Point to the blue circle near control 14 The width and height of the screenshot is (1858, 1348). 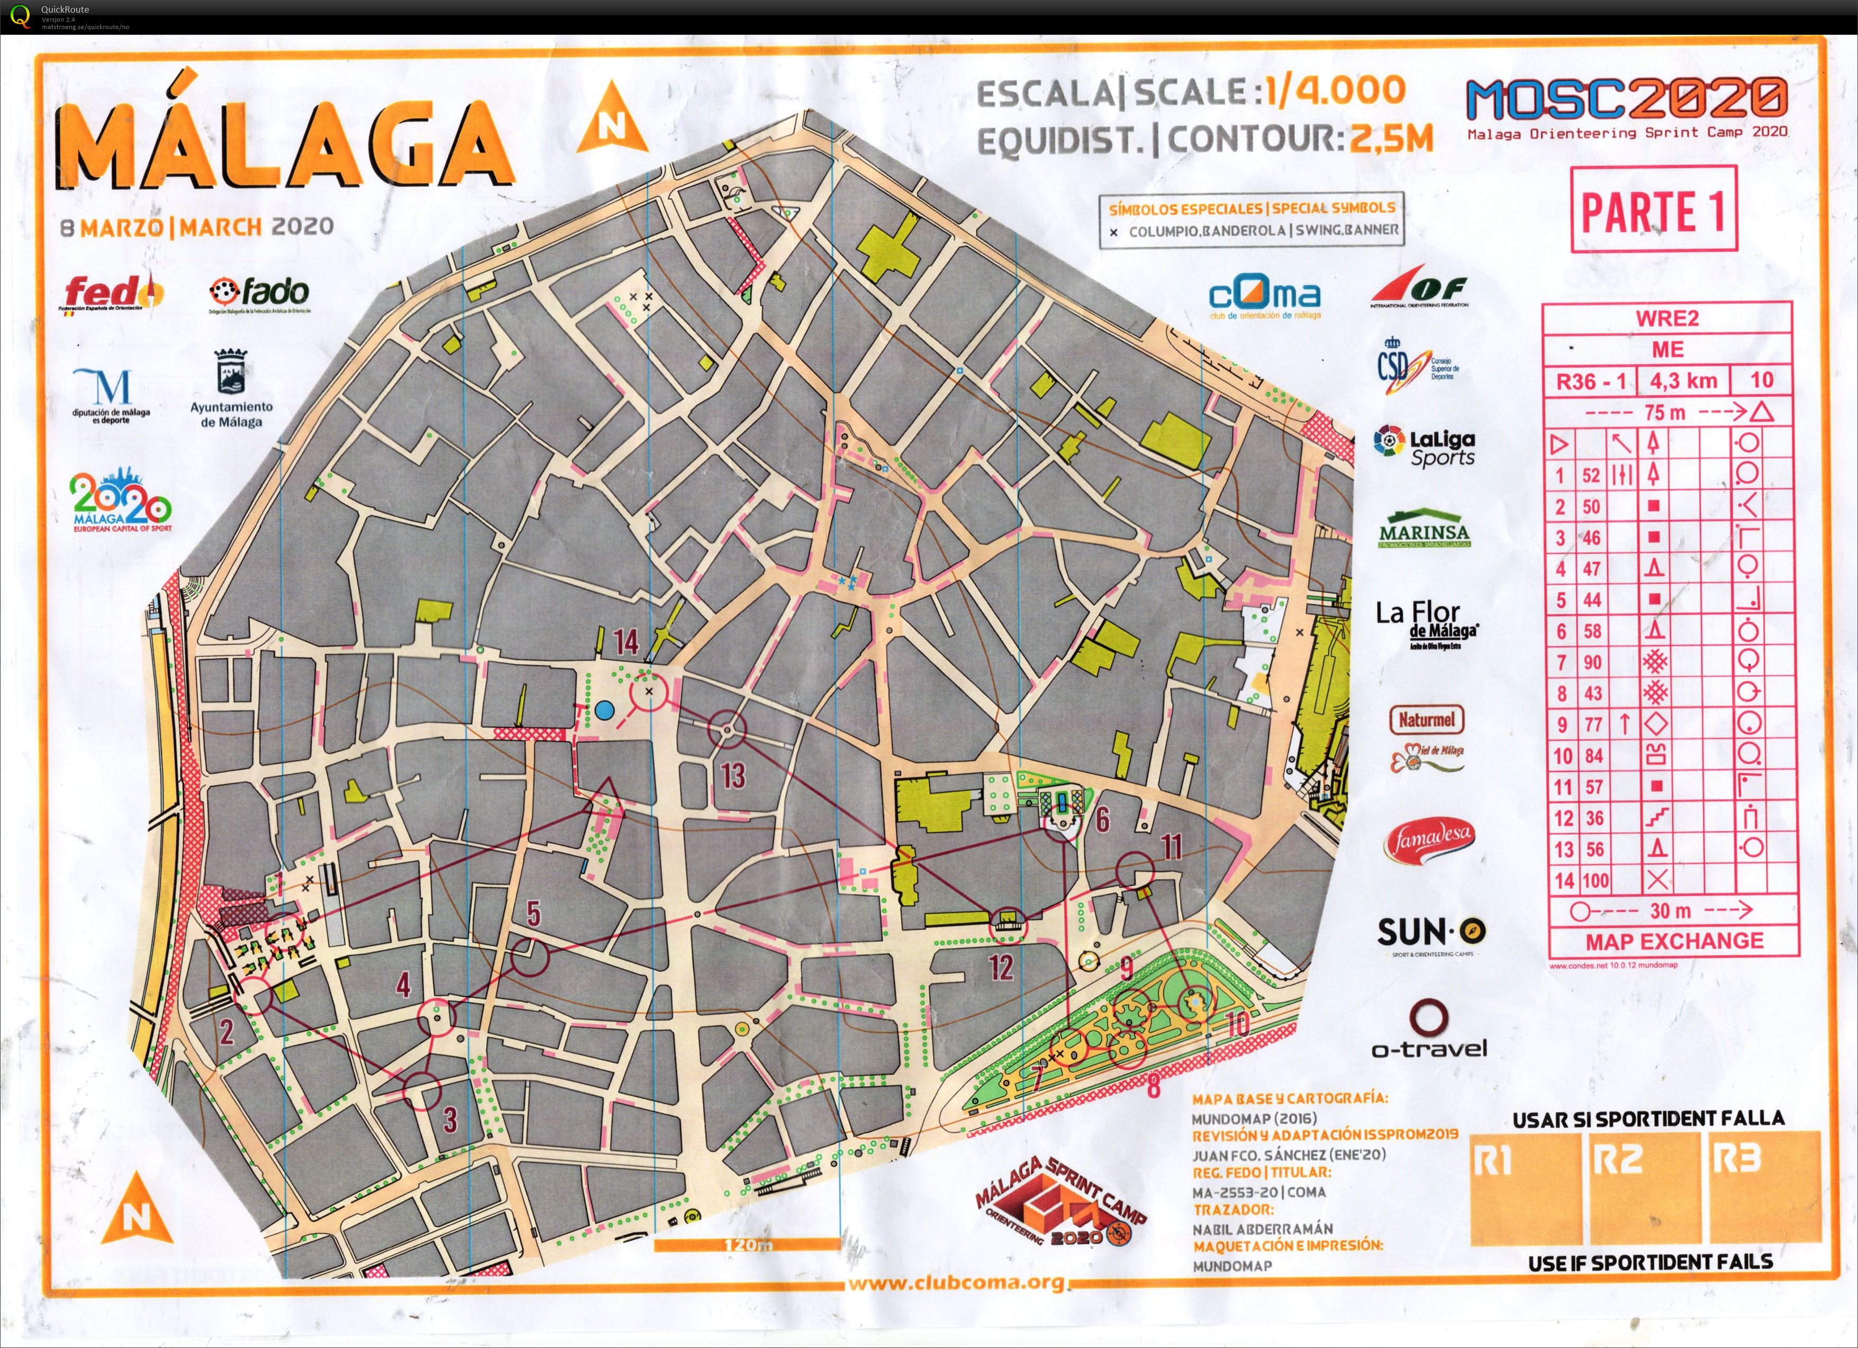click(604, 710)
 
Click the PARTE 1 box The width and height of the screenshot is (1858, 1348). click(1653, 210)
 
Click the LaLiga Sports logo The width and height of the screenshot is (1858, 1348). click(1426, 447)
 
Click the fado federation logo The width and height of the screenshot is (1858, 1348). click(260, 293)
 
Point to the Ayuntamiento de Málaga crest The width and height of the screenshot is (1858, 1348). click(231, 372)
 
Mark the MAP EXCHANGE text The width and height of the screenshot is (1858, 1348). click(1674, 941)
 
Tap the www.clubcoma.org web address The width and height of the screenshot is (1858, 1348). click(956, 1282)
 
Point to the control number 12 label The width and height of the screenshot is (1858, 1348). click(1001, 968)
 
